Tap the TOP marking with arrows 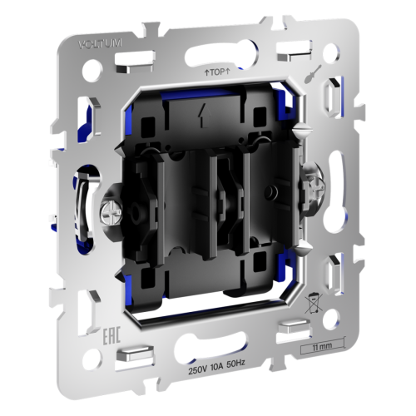215,73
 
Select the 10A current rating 223,368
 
